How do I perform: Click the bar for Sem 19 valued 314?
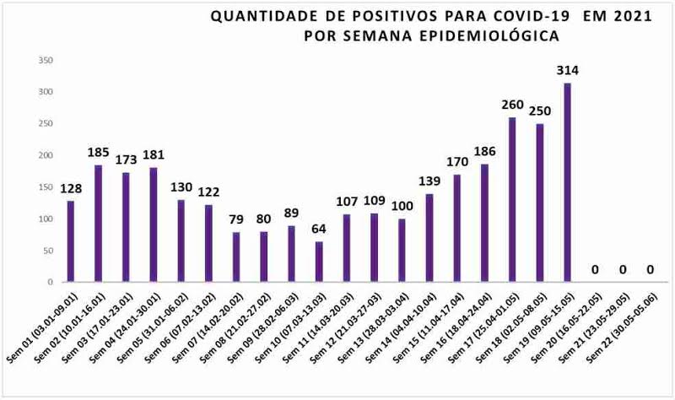[567, 182]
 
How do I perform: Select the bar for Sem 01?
[71, 241]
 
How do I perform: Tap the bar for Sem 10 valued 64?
[319, 262]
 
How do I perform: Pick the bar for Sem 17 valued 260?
[511, 199]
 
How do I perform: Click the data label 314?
[567, 70]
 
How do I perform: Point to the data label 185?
[98, 152]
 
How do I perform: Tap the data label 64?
[319, 229]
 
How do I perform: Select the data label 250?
[539, 111]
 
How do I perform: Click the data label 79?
[235, 219]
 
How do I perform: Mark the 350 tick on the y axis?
[46, 60]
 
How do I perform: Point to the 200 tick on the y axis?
[46, 155]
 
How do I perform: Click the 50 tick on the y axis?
[48, 251]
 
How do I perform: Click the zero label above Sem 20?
[594, 270]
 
